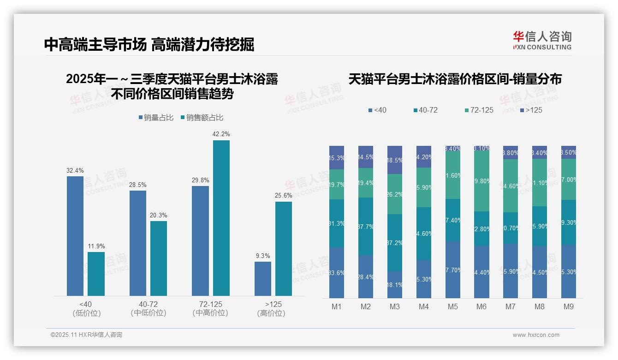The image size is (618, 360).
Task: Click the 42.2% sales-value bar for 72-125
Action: (x=221, y=218)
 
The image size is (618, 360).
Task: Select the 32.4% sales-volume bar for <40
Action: (x=75, y=236)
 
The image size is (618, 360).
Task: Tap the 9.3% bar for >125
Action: (x=263, y=279)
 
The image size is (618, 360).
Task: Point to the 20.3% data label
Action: (x=159, y=215)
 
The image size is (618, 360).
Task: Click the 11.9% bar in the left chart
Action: (x=96, y=274)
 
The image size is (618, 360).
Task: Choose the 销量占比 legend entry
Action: (x=156, y=118)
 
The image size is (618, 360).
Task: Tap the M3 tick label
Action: (x=395, y=306)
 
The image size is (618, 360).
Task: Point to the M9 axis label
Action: (x=569, y=306)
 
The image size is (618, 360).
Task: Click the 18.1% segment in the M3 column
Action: (x=395, y=284)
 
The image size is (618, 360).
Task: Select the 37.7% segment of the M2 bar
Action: (x=366, y=227)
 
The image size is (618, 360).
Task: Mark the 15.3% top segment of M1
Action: (x=337, y=158)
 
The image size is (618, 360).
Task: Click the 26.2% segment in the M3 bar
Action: (x=395, y=194)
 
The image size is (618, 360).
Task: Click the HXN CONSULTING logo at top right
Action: (x=542, y=41)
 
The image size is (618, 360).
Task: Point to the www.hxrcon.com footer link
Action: (x=536, y=335)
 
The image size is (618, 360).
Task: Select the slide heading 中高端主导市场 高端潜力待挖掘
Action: (x=149, y=44)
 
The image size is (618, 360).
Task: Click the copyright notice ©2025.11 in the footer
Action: (x=86, y=335)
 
